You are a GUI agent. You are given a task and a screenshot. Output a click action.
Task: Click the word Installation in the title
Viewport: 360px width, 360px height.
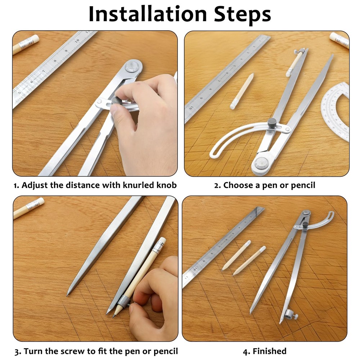148,14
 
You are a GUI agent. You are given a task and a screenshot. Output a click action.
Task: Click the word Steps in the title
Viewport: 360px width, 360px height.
242,15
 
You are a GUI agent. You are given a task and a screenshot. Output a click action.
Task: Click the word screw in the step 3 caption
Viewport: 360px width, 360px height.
73,351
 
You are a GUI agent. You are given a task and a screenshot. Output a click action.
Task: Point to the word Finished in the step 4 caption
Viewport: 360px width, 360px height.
269,351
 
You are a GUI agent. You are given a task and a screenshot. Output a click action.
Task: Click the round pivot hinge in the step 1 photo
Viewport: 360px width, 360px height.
134,67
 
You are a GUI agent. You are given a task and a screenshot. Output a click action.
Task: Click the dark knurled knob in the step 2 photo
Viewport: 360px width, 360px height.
273,122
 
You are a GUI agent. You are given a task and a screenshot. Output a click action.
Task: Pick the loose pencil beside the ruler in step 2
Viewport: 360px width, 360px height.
242,91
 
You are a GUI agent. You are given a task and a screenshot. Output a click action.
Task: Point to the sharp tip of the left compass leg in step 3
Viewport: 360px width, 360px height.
67,295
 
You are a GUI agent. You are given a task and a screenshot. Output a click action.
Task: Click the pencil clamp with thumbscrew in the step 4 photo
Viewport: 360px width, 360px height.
289,315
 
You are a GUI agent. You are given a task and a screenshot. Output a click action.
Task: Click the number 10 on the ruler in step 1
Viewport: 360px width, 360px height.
77,40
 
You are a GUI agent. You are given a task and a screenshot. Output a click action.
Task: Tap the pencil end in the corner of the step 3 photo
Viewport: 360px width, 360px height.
28,208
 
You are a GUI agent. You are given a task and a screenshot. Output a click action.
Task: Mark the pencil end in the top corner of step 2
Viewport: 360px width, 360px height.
339,40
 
